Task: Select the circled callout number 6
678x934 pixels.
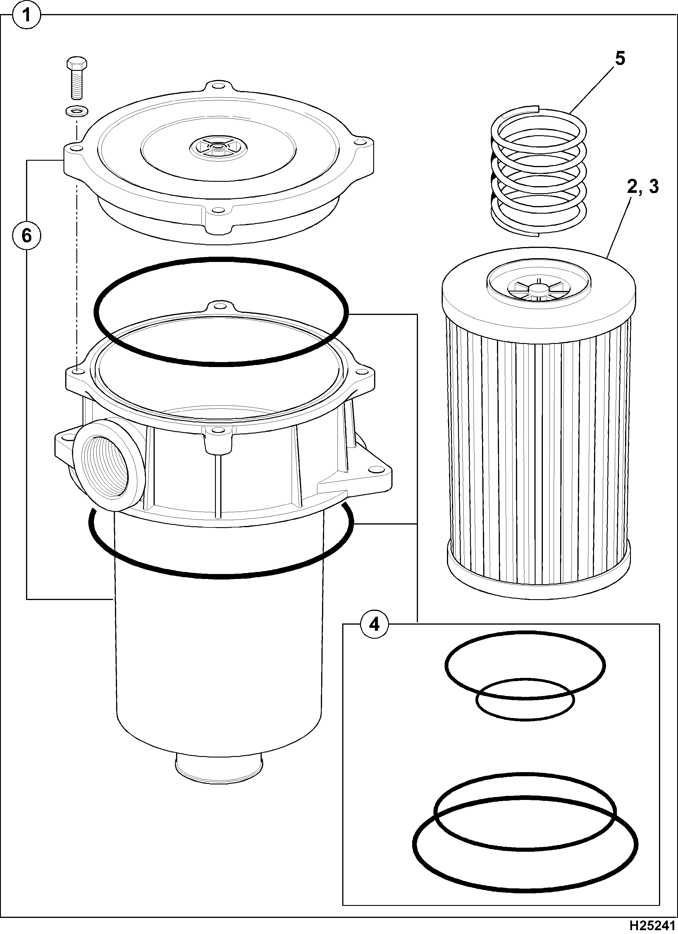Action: (x=27, y=236)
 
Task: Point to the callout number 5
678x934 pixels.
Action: (x=620, y=59)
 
